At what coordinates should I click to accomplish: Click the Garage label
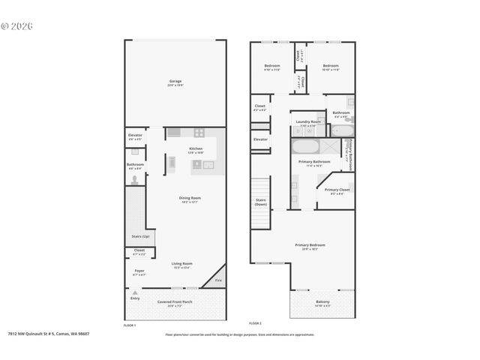point(175,81)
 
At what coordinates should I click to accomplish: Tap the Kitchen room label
point(195,148)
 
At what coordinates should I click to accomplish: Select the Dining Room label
point(190,198)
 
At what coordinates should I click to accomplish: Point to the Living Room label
point(182,263)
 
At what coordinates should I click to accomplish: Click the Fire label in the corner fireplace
point(218,280)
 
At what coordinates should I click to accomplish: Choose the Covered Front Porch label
point(175,301)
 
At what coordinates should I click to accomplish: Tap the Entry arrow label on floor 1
point(135,297)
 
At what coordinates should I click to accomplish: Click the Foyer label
point(139,270)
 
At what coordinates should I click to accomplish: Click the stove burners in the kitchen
point(199,133)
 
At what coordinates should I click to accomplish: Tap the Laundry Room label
point(307,121)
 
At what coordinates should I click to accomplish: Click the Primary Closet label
point(336,190)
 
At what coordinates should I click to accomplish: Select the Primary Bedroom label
point(310,245)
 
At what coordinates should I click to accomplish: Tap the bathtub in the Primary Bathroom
point(304,146)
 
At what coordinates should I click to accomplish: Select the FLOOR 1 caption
point(130,325)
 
